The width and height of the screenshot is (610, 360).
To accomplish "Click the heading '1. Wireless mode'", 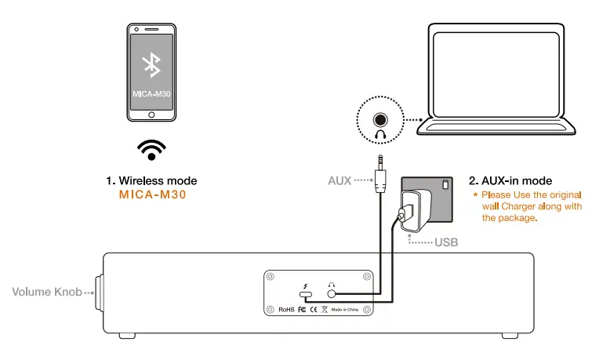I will point(151,180).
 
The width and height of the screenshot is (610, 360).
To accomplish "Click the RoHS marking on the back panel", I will point(286,309).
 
